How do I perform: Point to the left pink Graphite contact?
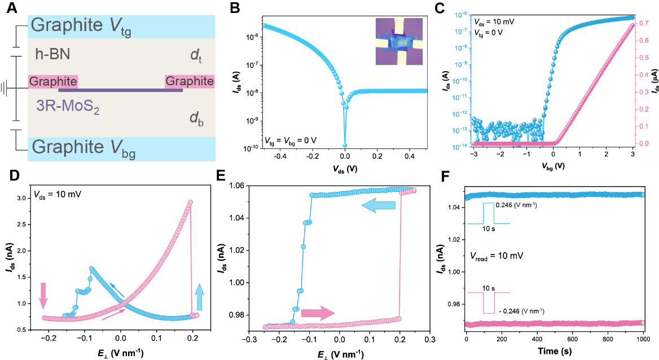[x=52, y=81]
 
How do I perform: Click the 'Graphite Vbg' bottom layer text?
[x=84, y=150]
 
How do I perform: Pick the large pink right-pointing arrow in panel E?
[x=318, y=314]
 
